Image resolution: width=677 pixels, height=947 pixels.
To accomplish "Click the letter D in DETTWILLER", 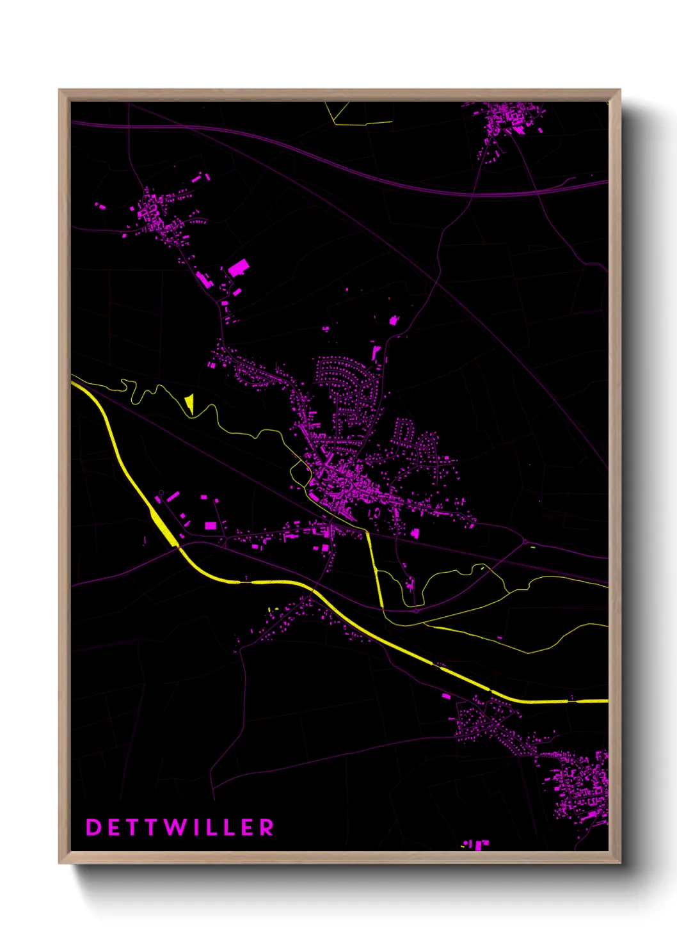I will tap(93, 827).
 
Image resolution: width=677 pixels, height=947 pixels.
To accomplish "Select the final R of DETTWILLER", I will tap(267, 827).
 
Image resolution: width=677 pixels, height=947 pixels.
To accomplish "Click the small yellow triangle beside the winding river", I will tap(189, 402).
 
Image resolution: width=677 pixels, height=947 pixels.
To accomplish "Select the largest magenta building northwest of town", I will tap(239, 267).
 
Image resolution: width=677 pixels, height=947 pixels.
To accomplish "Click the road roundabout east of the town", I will tap(525, 543).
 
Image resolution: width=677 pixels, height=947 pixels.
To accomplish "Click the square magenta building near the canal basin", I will tap(211, 525).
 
